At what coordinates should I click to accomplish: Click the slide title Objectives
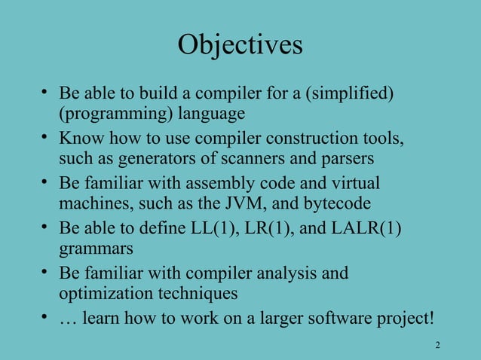click(x=240, y=45)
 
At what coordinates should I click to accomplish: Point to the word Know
click(x=78, y=139)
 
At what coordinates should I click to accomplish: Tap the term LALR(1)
click(x=366, y=228)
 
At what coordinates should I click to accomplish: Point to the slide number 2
click(x=437, y=345)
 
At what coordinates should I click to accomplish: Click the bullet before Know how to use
click(x=45, y=139)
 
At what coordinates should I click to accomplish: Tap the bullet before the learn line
click(x=45, y=317)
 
